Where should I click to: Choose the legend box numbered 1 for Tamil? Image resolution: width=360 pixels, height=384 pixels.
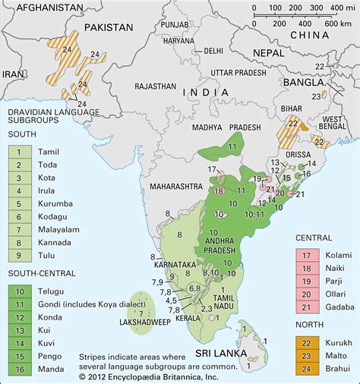(x=16, y=151)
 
